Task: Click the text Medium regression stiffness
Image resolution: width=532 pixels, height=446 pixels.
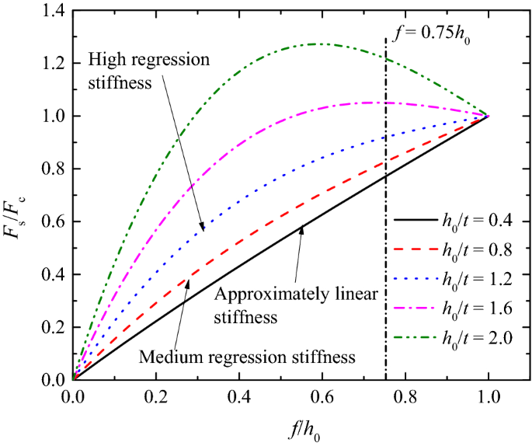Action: point(248,357)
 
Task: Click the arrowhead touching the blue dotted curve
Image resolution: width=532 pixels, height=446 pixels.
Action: point(202,228)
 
